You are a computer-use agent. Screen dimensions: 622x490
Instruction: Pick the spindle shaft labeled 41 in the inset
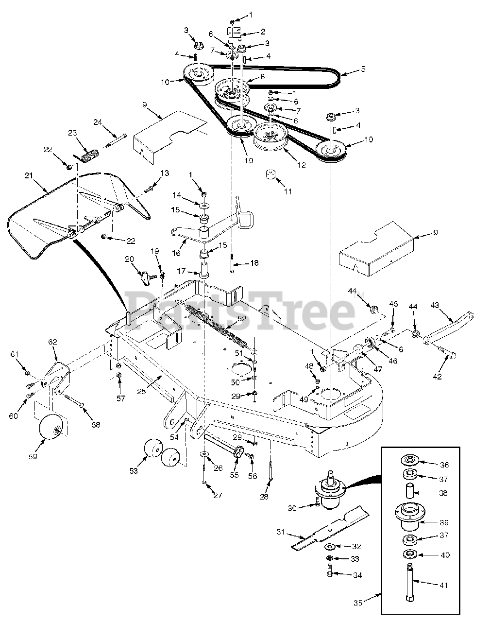point(407,586)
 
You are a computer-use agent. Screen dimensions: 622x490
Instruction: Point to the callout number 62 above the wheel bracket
point(52,342)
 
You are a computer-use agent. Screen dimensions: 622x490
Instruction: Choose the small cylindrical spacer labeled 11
point(270,176)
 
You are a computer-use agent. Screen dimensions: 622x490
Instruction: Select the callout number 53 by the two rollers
point(135,470)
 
